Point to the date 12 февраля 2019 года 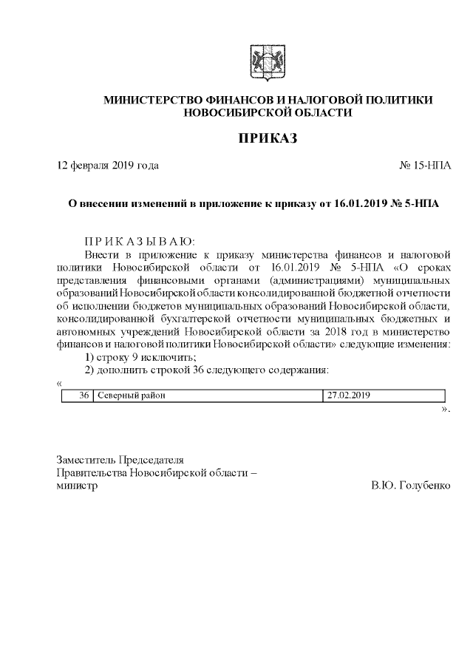point(108,166)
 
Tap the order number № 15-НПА point(424,166)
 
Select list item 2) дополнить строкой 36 point(206,370)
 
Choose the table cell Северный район point(131,395)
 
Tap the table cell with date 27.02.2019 point(348,395)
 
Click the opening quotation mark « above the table point(59,383)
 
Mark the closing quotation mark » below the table point(445,409)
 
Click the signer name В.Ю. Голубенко point(411,486)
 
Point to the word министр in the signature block point(77,486)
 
